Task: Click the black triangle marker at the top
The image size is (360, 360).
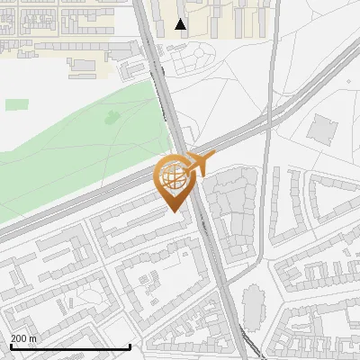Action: pyautogui.click(x=181, y=24)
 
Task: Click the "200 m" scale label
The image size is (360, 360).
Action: pyautogui.click(x=23, y=337)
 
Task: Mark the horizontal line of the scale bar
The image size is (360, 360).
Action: pyautogui.click(x=70, y=346)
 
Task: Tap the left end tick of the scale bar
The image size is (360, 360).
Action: pyautogui.click(x=10, y=345)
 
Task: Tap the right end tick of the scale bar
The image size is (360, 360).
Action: pyautogui.click(x=130, y=345)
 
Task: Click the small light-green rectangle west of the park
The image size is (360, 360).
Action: pyautogui.click(x=16, y=104)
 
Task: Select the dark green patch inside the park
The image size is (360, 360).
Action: pyautogui.click(x=112, y=116)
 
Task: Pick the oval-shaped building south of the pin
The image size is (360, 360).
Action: pyautogui.click(x=253, y=306)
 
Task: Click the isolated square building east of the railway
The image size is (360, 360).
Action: pyautogui.click(x=320, y=127)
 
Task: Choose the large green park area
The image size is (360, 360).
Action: pyautogui.click(x=81, y=144)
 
